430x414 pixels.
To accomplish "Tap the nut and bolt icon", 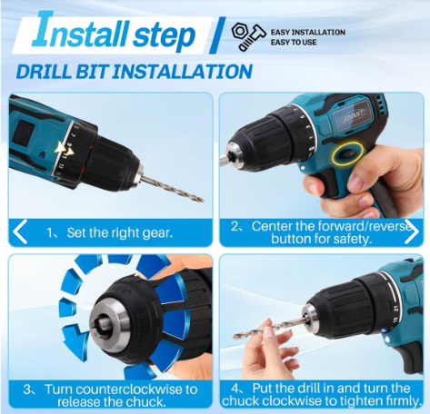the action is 248,37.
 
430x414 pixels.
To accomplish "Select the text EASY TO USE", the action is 294,42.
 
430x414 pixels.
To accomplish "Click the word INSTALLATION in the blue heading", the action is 182,72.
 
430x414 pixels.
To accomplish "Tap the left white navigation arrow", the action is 20,232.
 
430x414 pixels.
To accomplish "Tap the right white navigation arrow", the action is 412,232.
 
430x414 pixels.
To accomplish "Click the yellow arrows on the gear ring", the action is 65,150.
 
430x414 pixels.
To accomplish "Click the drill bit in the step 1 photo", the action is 172,188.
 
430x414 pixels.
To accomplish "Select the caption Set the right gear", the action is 119,232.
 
